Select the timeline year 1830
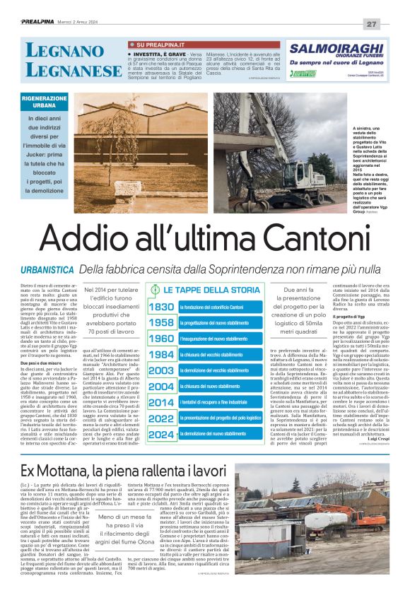click(162, 306)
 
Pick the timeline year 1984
click(162, 354)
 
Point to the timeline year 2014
click(162, 402)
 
